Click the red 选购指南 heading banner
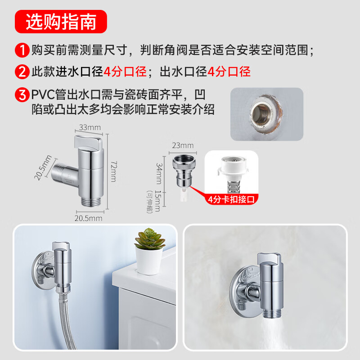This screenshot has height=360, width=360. (x=61, y=22)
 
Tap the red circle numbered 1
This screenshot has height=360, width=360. (x=22, y=50)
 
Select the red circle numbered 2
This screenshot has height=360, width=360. (x=22, y=72)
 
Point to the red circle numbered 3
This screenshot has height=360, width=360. (x=22, y=94)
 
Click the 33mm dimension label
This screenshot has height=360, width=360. (x=90, y=127)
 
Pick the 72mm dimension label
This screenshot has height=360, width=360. (x=114, y=171)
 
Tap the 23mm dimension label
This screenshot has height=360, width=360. (x=183, y=145)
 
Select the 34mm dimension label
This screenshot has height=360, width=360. (x=159, y=174)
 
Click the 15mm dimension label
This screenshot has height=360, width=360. (x=158, y=201)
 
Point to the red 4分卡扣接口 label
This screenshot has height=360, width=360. (x=231, y=199)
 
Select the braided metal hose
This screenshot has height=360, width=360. (x=65, y=321)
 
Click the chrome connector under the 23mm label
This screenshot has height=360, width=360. (x=184, y=171)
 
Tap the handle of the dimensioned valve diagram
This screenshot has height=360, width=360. (x=88, y=142)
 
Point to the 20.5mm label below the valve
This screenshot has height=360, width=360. (x=88, y=218)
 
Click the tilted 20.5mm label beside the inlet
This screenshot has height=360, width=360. (x=43, y=167)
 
